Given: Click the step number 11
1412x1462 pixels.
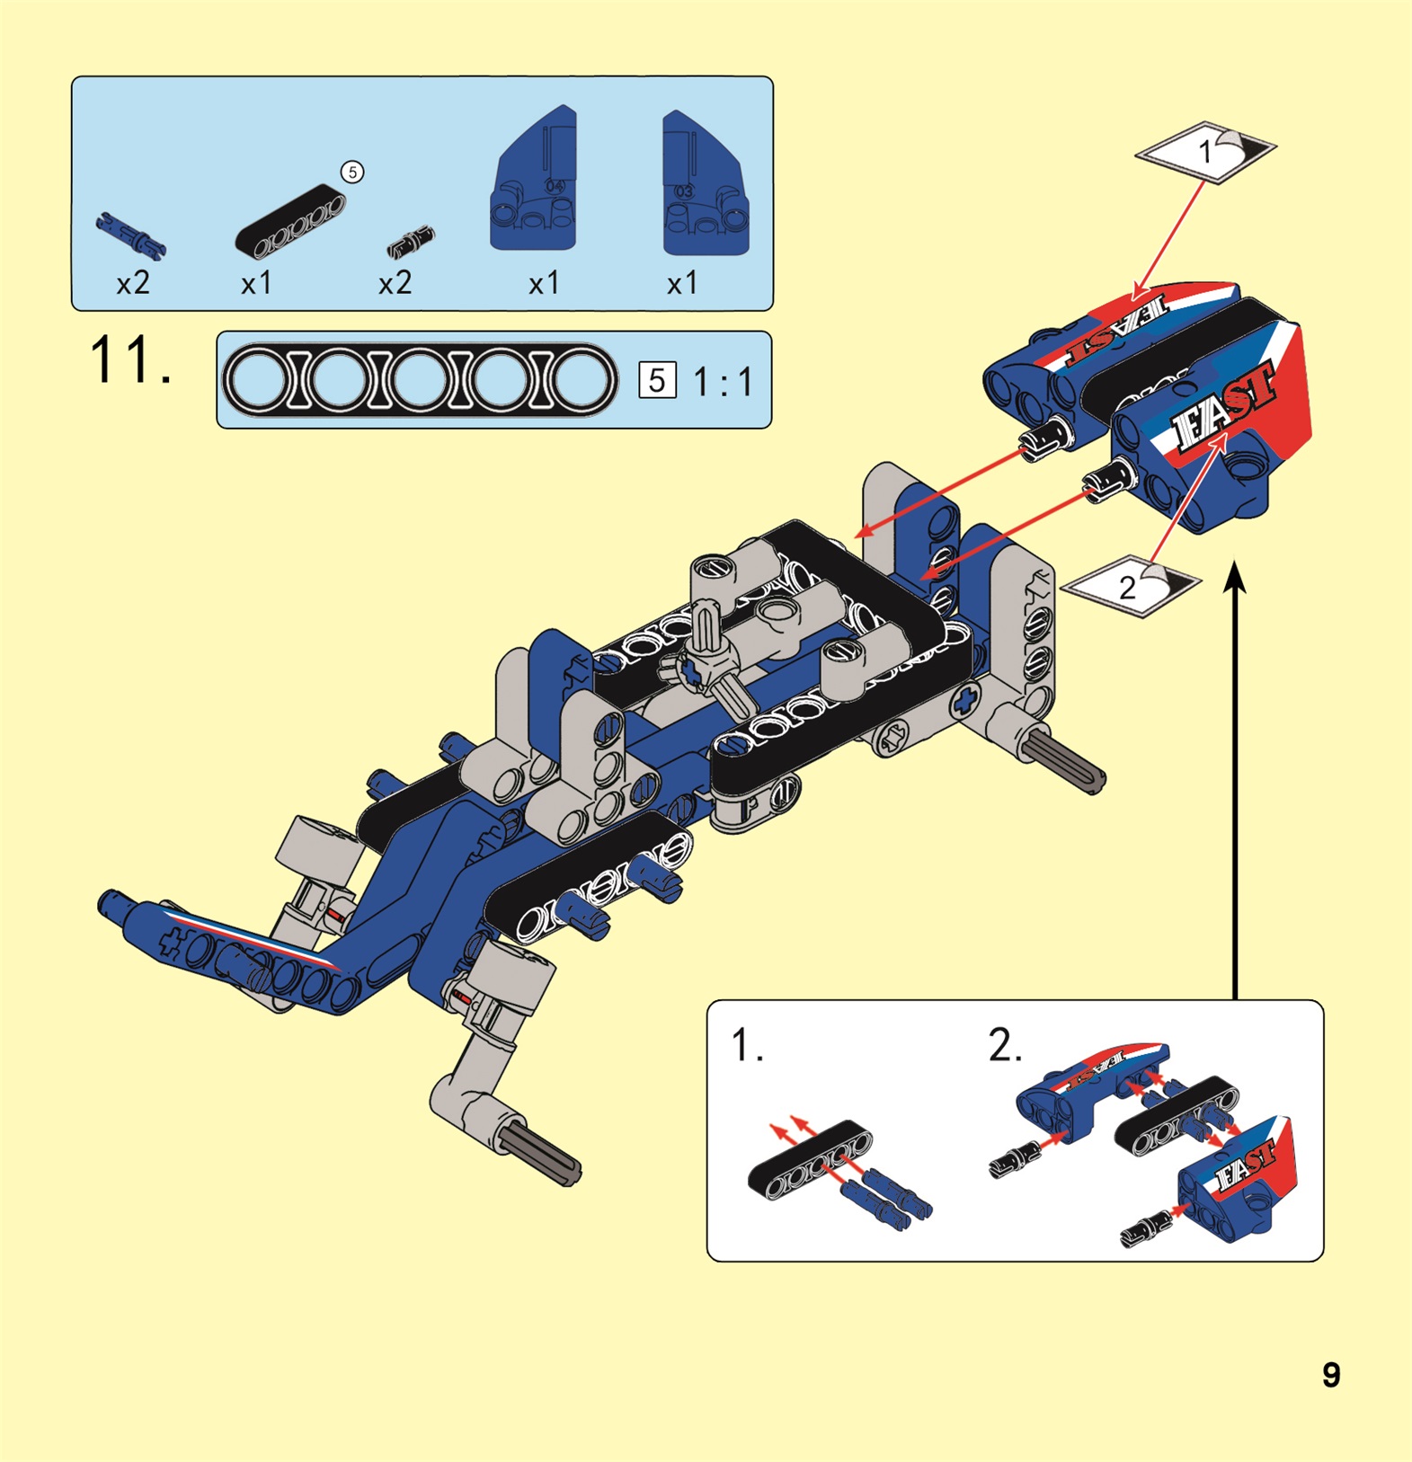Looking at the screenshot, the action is click(130, 361).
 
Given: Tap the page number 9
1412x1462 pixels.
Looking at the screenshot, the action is click(1331, 1375).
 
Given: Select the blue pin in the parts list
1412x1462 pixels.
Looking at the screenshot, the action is click(130, 235).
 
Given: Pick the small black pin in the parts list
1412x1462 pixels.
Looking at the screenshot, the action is click(411, 242).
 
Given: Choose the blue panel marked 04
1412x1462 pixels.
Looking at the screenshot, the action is click(534, 180).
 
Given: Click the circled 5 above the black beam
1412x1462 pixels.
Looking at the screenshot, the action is click(352, 172).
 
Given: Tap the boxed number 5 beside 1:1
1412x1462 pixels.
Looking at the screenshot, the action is click(657, 380).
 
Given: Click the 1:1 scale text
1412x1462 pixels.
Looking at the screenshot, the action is click(723, 382).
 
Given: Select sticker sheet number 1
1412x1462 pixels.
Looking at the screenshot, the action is click(1205, 152).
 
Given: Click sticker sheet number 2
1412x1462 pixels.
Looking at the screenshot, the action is click(1131, 586).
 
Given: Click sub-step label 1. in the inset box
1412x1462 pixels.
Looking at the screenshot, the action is click(747, 1045).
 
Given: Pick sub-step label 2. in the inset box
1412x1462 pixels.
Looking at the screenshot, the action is click(1005, 1045).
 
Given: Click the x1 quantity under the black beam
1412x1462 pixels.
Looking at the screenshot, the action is click(256, 284).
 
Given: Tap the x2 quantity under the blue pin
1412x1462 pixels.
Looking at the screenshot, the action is click(133, 284).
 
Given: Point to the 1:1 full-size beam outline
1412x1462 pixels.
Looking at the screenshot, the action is click(420, 380).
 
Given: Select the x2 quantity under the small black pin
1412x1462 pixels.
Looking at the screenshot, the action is click(395, 284).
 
